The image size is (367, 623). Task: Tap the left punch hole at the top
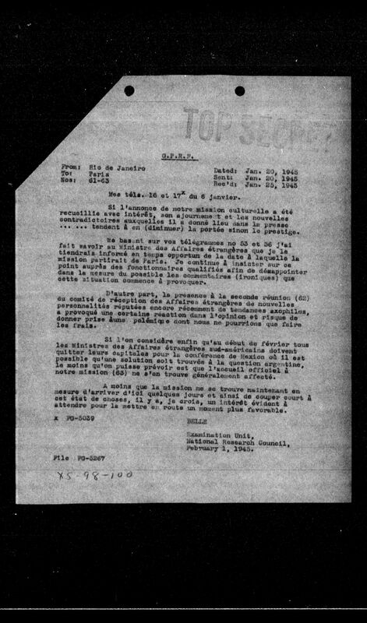point(129,90)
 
